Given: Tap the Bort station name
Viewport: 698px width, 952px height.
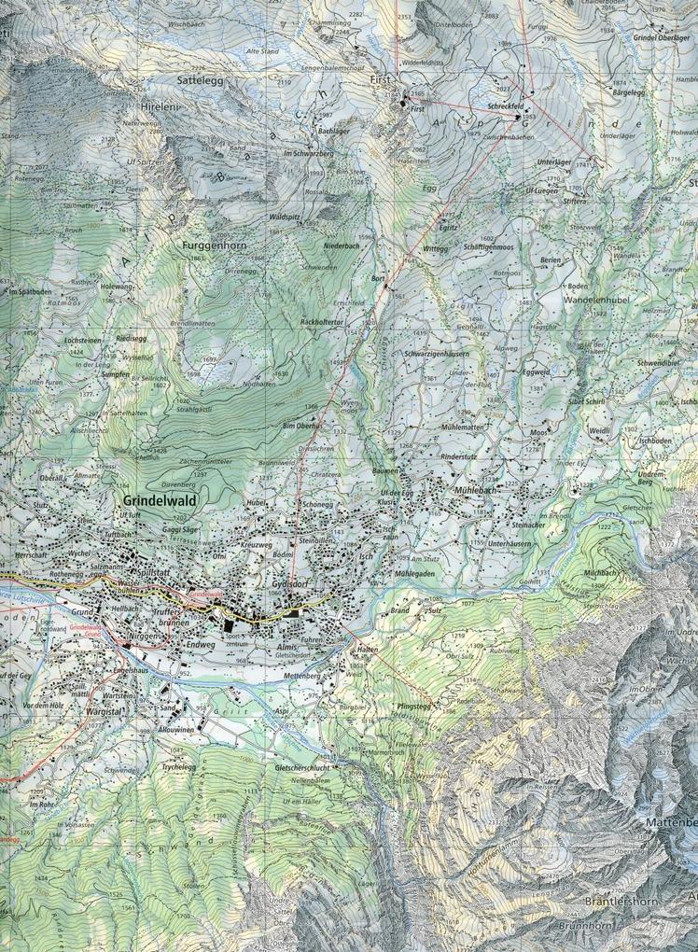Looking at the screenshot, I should (377, 278).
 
